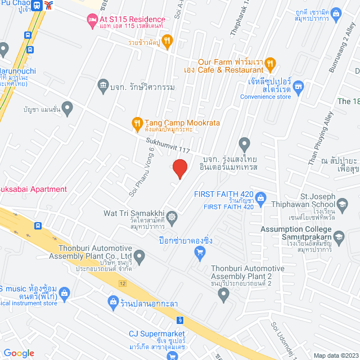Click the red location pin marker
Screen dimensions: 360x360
pyautogui.click(x=179, y=169)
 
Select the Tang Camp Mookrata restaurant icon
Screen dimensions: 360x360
pyautogui.click(x=137, y=122)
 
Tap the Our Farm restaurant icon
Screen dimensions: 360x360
pyautogui.click(x=270, y=63)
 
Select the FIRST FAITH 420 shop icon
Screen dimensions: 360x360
pyautogui.click(x=261, y=197)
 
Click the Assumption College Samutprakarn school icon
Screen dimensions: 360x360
pyautogui.click(x=338, y=236)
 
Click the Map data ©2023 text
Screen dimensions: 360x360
pyautogui.click(x=335, y=355)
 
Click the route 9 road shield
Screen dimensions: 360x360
pyautogui.click(x=180, y=321)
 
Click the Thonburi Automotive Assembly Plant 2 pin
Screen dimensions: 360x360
pyautogui.click(x=224, y=294)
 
